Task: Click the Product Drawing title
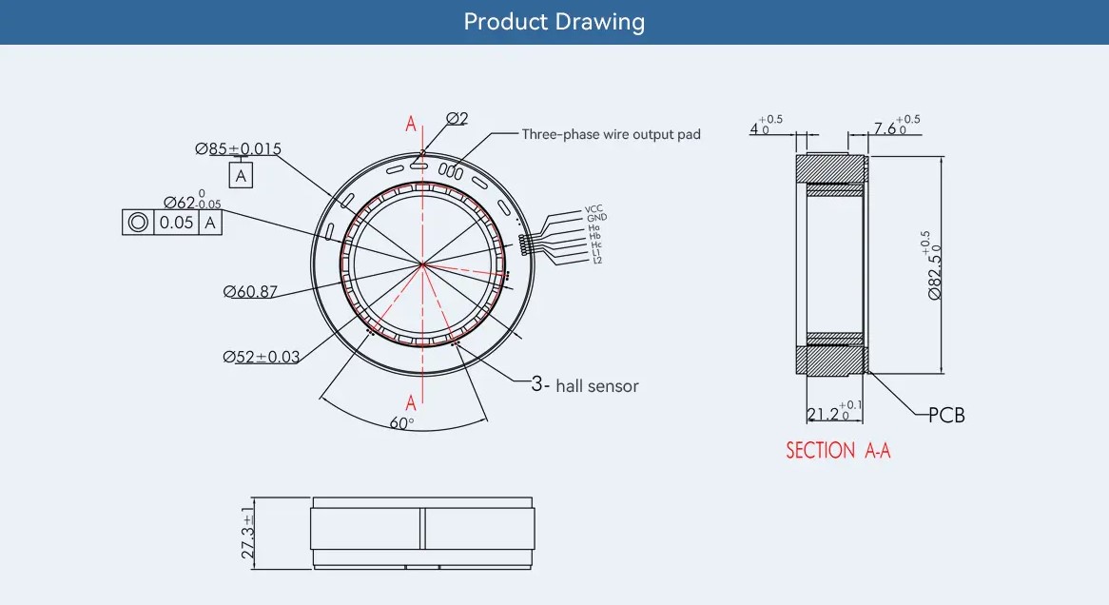[554, 22]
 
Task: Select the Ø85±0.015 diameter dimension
[239, 148]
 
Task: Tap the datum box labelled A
[241, 175]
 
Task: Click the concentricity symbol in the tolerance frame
[138, 223]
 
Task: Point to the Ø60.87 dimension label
[250, 291]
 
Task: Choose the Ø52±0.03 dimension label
[261, 357]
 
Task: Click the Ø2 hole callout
[457, 118]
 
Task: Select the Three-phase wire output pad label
[611, 134]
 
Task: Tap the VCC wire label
[593, 209]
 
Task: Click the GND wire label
[596, 218]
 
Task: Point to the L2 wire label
[597, 261]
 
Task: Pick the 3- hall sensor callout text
[585, 385]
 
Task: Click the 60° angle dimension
[401, 423]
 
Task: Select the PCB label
[946, 416]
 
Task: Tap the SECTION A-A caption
[838, 451]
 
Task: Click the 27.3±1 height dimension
[247, 533]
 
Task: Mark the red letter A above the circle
[411, 124]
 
